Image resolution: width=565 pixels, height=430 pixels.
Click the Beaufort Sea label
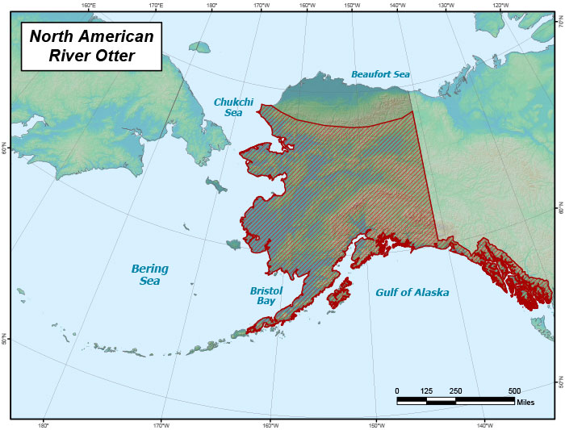(380, 74)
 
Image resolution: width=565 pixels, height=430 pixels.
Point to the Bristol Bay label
(266, 294)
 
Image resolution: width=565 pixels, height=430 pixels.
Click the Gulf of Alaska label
(412, 292)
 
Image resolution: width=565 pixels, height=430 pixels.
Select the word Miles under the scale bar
(525, 402)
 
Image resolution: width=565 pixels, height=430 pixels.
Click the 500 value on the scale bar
(514, 390)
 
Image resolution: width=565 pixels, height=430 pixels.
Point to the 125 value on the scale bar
(426, 390)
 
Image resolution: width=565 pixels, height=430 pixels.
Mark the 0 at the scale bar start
(397, 390)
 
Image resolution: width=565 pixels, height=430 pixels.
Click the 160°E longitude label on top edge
(89, 6)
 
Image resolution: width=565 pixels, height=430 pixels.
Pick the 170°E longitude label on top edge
(156, 6)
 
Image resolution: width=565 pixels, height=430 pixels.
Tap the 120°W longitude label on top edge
(500, 6)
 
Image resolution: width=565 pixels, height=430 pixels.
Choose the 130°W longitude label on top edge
(445, 6)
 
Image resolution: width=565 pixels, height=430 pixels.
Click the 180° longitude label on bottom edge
(44, 424)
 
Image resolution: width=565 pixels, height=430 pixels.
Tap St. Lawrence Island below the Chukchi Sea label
(216, 185)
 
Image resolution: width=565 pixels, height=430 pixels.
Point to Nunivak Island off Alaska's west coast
(233, 244)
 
